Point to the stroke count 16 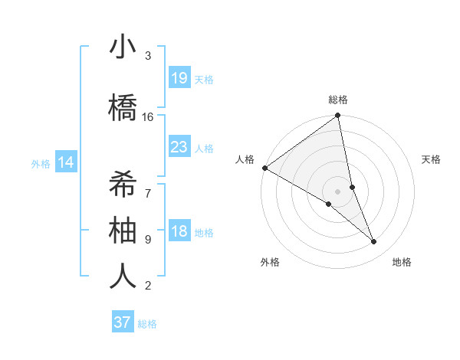tap(148, 117)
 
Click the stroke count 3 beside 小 tap(148, 56)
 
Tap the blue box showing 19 tap(179, 78)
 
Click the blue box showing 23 tap(179, 147)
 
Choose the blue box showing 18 tap(179, 231)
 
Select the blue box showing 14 tap(66, 162)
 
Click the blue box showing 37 tap(122, 322)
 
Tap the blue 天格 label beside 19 tap(204, 79)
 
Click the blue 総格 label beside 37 tap(147, 324)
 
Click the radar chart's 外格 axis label tap(270, 262)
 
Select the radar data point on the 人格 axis tap(264, 168)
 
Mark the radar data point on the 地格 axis tap(374, 242)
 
